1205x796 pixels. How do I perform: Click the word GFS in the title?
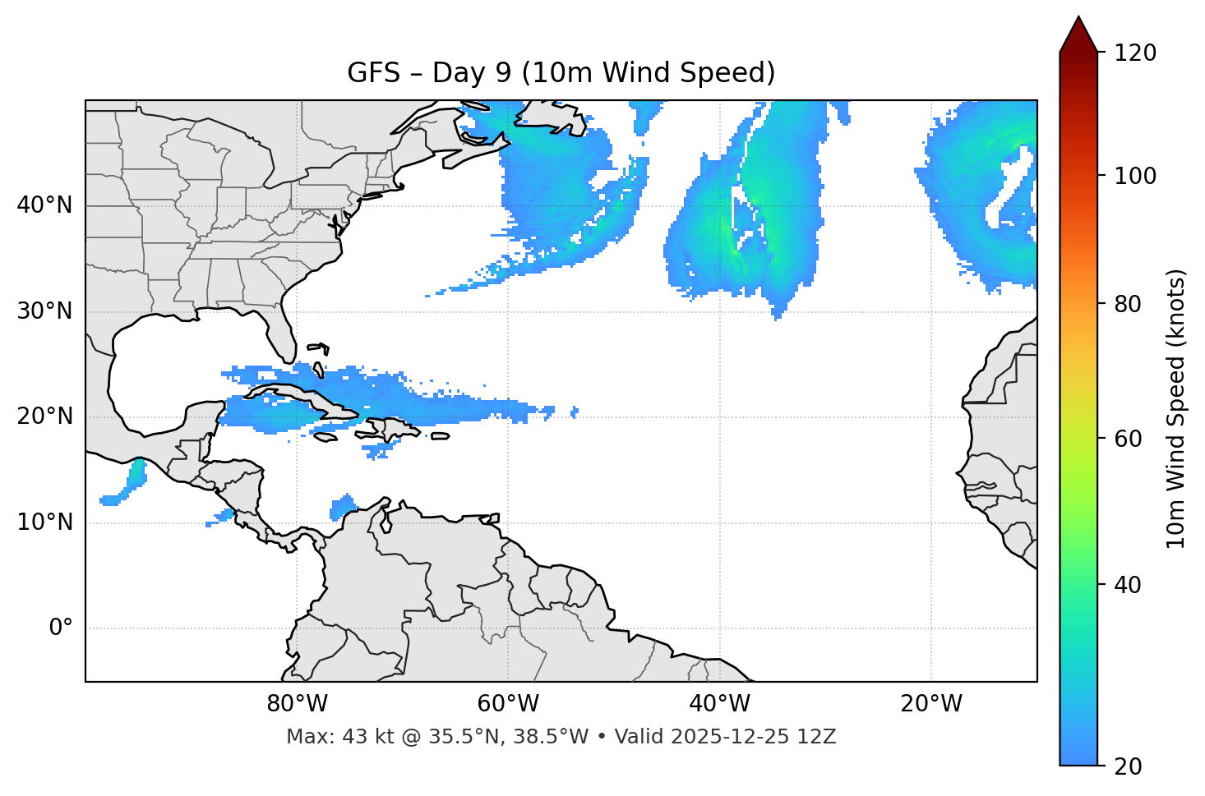(373, 73)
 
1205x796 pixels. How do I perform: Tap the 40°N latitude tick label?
(44, 205)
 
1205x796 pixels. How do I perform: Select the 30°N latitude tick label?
(44, 311)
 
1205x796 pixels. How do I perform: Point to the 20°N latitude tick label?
(44, 416)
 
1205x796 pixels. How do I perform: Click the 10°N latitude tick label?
(44, 522)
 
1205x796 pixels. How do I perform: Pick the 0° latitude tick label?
(61, 628)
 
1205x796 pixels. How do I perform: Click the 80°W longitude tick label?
(297, 704)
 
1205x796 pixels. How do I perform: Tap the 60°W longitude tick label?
(508, 704)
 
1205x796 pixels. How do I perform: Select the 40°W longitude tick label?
(719, 704)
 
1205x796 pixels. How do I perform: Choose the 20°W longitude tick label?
(931, 704)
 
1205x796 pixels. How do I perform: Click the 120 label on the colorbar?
(1135, 53)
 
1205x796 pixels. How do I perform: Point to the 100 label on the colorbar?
(1135, 176)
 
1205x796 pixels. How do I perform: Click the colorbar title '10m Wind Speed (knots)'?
(1176, 408)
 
